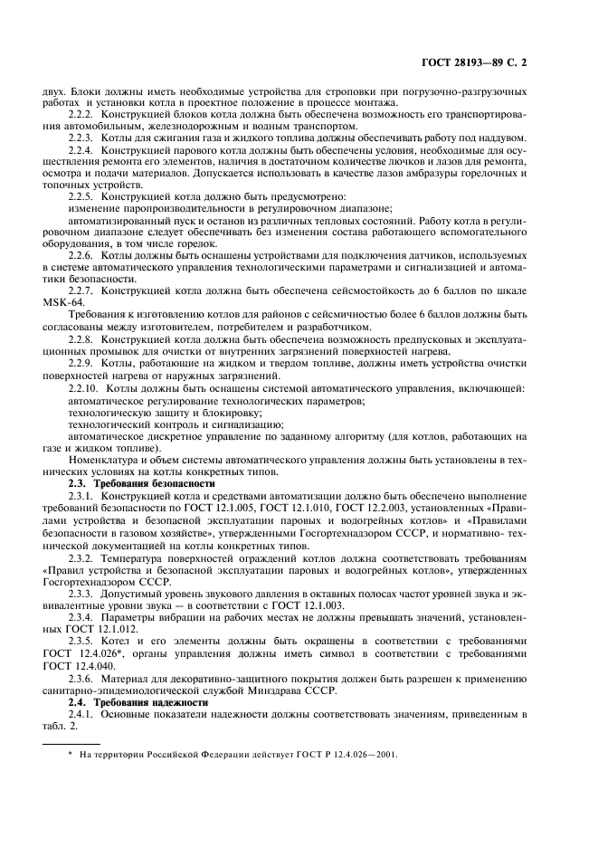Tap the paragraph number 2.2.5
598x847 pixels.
coord(83,195)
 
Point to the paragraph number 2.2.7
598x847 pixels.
coord(83,290)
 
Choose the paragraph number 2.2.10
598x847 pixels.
coord(86,387)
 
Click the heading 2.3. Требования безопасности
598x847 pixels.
coord(142,482)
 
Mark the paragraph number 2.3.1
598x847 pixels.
coord(83,496)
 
